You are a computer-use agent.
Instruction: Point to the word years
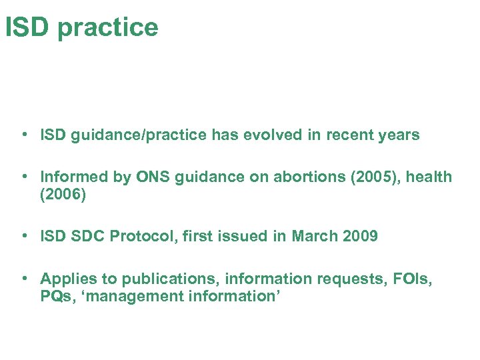pos(398,136)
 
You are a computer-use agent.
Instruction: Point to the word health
pos(427,177)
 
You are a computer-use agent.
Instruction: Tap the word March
pos(315,237)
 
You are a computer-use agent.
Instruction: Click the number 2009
pos(360,237)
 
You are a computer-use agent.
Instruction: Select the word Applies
pos(66,279)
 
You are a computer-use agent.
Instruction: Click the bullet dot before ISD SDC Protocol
pos(24,236)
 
